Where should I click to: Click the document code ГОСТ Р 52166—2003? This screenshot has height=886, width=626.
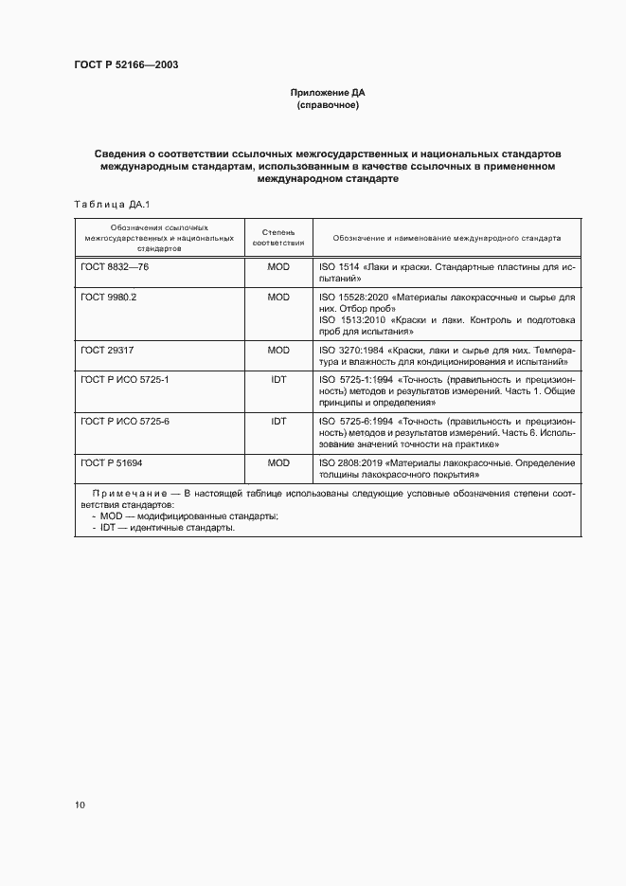(x=127, y=64)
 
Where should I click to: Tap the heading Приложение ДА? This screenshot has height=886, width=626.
(x=327, y=93)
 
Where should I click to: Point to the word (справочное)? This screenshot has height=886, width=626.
(x=327, y=105)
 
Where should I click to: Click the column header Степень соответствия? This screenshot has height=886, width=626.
(x=277, y=237)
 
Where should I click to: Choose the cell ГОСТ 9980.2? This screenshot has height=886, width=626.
(x=110, y=297)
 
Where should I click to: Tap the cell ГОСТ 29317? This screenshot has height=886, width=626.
(x=105, y=350)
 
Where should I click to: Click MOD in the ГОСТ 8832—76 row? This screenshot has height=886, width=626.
(x=277, y=268)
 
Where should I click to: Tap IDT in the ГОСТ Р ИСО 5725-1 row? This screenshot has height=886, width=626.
(x=277, y=378)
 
